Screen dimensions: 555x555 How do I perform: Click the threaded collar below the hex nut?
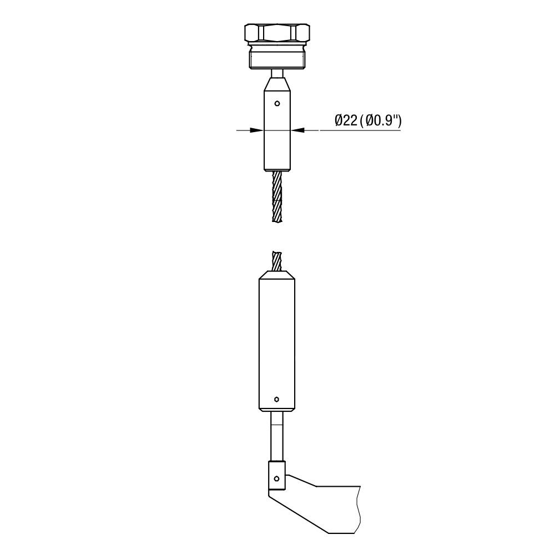point(277,57)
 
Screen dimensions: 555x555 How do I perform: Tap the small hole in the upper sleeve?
point(277,103)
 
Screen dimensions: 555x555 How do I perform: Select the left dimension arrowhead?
point(257,130)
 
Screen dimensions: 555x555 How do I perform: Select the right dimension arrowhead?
point(297,130)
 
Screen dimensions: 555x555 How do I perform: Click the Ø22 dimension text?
point(346,120)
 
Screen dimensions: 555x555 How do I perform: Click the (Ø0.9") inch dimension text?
point(381,120)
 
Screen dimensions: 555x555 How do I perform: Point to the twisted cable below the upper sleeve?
point(277,197)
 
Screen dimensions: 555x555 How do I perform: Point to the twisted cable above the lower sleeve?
point(277,261)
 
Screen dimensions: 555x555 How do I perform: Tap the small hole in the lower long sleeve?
point(277,399)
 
